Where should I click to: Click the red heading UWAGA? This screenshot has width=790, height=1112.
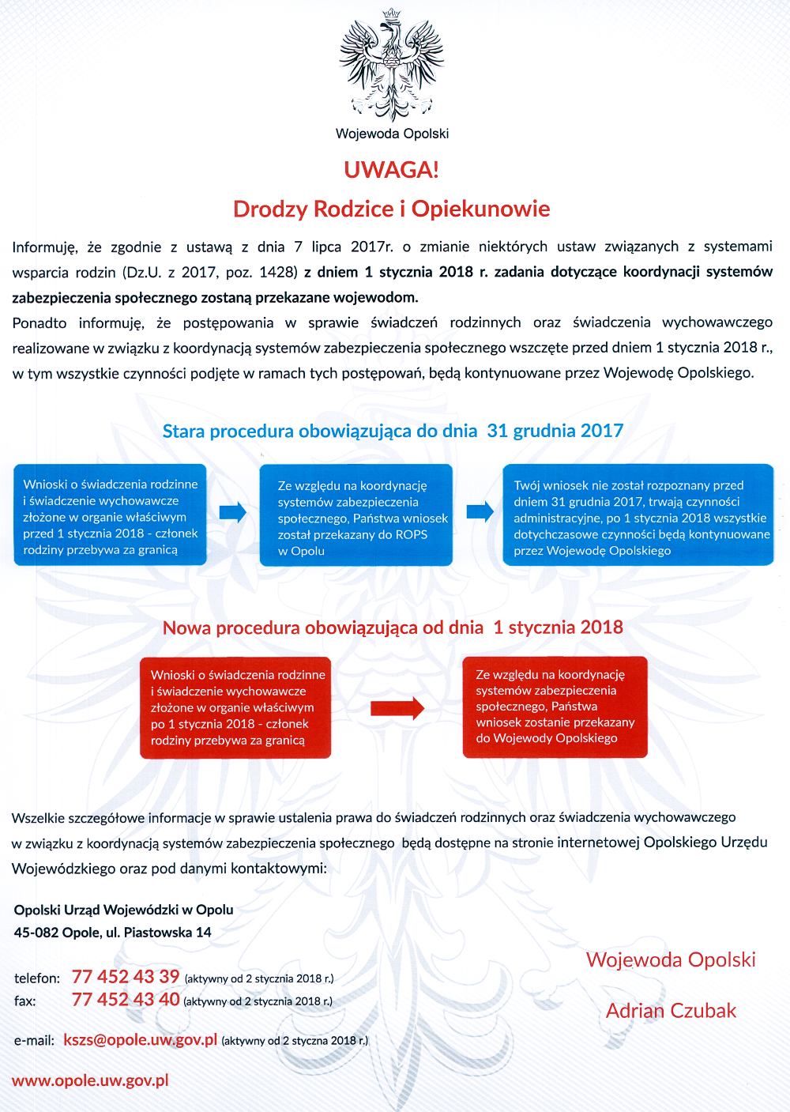point(391,170)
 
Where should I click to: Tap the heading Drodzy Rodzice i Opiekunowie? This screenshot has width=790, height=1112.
point(391,209)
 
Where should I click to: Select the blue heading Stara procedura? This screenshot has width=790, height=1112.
point(393,431)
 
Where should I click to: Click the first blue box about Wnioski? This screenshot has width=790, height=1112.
point(110,515)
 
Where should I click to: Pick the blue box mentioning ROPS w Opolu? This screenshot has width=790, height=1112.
point(355,515)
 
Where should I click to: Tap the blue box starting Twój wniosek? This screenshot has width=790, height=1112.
point(638,515)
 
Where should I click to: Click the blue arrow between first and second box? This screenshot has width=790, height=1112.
point(232,512)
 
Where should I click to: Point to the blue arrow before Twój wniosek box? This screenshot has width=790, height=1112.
point(480,512)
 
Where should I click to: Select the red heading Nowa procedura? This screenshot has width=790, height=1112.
point(393,628)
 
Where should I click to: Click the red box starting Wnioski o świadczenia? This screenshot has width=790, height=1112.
point(235,707)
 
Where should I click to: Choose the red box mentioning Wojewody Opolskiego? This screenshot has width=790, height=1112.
point(555,707)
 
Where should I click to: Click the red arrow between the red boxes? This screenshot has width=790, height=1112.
point(397,707)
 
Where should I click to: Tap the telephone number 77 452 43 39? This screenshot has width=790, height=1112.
point(126,977)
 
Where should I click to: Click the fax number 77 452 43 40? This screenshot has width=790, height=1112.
point(126,1000)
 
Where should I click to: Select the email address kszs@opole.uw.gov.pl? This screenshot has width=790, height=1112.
point(140,1039)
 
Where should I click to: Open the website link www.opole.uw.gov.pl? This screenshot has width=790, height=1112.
point(90,1080)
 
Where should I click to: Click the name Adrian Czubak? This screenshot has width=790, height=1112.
point(671,1011)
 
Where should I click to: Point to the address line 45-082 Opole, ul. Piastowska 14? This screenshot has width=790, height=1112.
point(112,933)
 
